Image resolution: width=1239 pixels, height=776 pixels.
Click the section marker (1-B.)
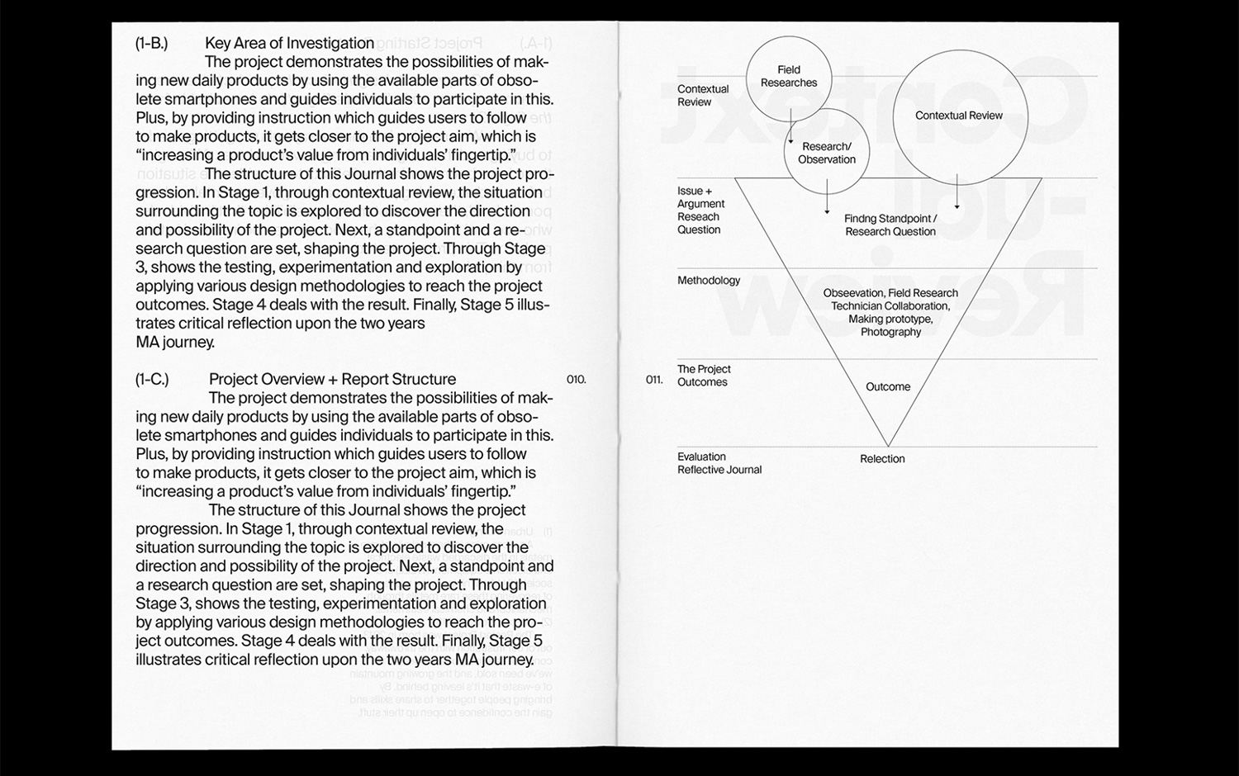click(x=151, y=44)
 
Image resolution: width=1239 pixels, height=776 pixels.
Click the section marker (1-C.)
click(x=152, y=380)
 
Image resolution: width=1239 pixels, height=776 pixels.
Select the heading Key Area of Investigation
click(x=289, y=44)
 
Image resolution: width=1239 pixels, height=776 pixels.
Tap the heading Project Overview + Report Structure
click(x=332, y=380)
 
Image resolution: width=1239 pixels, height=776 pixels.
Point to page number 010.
click(x=576, y=380)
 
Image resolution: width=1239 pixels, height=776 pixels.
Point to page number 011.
click(x=654, y=380)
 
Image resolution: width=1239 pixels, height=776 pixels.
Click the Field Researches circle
click(x=789, y=77)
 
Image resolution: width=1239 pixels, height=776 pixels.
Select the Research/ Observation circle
click(x=827, y=154)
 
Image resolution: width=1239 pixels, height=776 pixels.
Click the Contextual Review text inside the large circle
click(x=958, y=116)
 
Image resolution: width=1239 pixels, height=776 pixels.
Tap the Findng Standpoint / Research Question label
click(x=890, y=225)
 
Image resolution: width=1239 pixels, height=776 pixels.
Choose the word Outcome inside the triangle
click(x=888, y=387)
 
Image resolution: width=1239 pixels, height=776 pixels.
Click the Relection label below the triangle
click(x=882, y=459)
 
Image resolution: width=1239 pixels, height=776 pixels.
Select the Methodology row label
click(x=709, y=281)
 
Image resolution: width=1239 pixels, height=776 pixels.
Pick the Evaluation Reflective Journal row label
click(x=719, y=463)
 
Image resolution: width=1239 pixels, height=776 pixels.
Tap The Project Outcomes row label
click(x=704, y=376)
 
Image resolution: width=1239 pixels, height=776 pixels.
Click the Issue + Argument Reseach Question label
click(x=700, y=211)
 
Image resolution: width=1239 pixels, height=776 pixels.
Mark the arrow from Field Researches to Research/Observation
click(x=790, y=130)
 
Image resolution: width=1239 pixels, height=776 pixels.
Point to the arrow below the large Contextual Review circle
click(x=957, y=192)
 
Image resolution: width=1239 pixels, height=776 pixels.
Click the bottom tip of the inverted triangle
click(x=887, y=446)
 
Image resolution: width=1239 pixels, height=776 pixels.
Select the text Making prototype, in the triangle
click(x=890, y=319)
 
